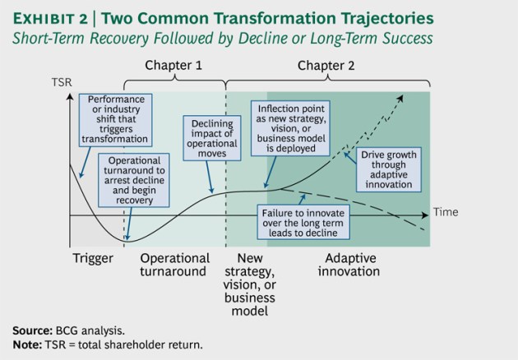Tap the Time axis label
(x=445, y=211)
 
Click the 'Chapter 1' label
(x=173, y=64)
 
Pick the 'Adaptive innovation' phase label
(x=349, y=265)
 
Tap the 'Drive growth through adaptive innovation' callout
(x=384, y=168)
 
